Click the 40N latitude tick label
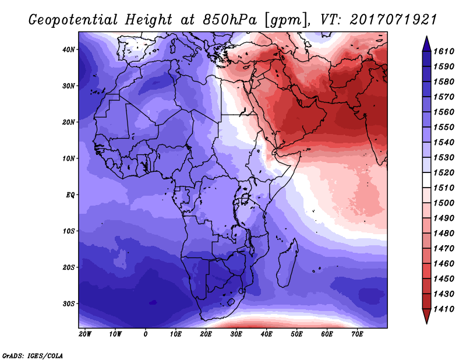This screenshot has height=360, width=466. pos(69,50)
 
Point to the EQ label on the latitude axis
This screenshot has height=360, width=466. pos(70,195)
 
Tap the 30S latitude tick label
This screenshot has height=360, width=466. pos(69,304)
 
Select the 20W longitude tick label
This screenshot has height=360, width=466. pos(85,334)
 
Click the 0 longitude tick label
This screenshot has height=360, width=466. pos(145,334)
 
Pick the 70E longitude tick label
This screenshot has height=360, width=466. pos(357,334)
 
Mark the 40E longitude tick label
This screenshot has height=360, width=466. pos(266,334)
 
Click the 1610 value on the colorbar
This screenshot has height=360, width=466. pos(444,51)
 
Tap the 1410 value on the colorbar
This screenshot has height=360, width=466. pos(444,309)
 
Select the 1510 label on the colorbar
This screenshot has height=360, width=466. pos(444,188)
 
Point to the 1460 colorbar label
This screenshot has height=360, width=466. pos(444,264)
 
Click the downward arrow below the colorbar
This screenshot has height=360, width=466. pos(426,316)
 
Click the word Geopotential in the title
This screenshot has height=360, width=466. pos(73,20)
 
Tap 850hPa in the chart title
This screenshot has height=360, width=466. pos(230,20)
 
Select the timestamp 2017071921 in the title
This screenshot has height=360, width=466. pos(393,20)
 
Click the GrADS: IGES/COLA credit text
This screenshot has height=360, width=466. pos(33,356)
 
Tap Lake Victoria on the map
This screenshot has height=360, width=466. pos(245,198)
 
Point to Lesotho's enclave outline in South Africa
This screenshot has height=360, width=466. pos(231,303)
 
